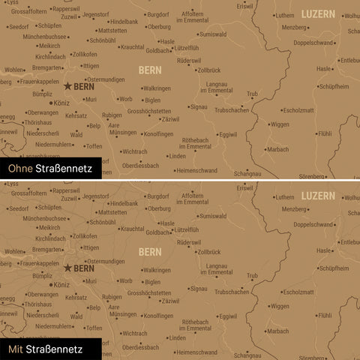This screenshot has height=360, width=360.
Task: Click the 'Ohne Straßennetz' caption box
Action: pyautogui.click(x=46, y=169)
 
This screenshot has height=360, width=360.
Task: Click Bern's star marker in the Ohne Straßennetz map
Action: pyautogui.click(x=67, y=86)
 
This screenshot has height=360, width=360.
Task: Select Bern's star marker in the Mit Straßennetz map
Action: pyautogui.click(x=67, y=267)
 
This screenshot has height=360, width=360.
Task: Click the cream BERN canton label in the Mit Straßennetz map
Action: pyautogui.click(x=150, y=251)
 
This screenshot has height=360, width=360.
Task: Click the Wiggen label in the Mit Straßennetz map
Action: pyautogui.click(x=279, y=305)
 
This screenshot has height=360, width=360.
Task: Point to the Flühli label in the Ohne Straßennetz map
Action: pyautogui.click(x=325, y=133)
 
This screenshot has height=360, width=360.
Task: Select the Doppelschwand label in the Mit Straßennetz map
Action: pyautogui.click(x=313, y=224)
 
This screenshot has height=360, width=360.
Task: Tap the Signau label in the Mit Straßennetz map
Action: pyautogui.click(x=198, y=288)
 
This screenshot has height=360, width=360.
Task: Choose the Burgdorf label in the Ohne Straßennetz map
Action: pyautogui.click(x=158, y=14)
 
